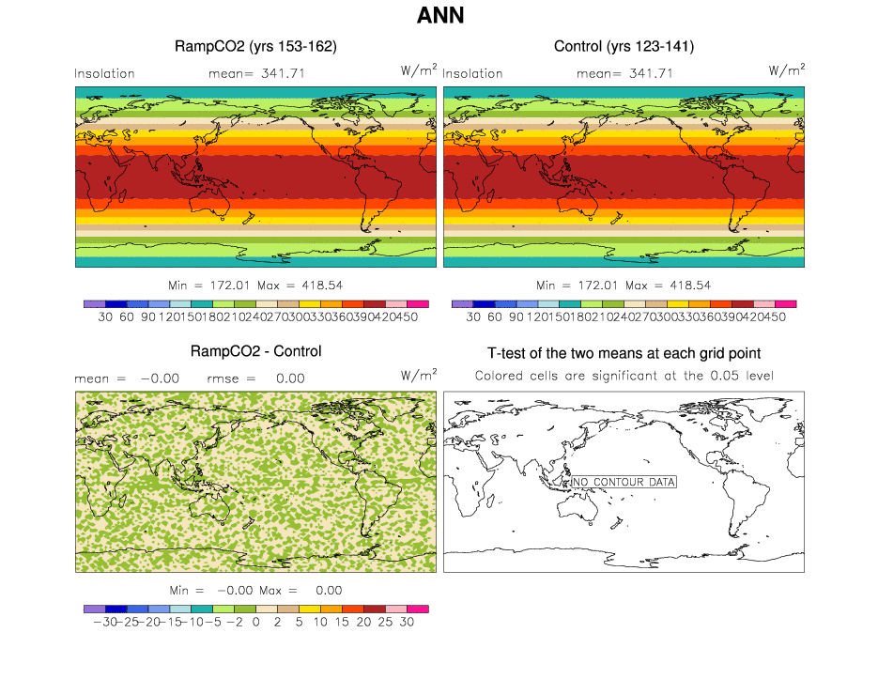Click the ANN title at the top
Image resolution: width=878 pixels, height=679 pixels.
click(439, 16)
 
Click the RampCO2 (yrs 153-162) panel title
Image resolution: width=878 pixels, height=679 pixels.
click(255, 46)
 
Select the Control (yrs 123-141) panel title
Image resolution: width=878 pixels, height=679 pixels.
click(624, 46)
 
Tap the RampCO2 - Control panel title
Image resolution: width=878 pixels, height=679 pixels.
click(255, 352)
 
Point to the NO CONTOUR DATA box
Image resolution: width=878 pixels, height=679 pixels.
click(624, 482)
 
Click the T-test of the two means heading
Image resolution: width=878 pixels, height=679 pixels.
click(624, 354)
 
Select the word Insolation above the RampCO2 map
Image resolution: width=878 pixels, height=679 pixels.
click(104, 73)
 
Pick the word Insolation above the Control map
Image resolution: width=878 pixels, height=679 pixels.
click(472, 73)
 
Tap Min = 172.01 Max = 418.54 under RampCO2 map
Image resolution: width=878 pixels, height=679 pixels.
click(255, 285)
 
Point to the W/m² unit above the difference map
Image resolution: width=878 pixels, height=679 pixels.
click(418, 375)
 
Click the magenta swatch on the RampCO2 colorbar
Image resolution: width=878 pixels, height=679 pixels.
click(418, 304)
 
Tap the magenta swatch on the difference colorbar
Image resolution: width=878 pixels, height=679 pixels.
click(418, 610)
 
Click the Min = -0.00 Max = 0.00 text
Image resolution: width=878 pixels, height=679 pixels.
click(255, 591)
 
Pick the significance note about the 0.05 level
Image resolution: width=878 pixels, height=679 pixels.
click(624, 376)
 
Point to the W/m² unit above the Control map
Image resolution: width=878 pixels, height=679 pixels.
click(787, 69)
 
